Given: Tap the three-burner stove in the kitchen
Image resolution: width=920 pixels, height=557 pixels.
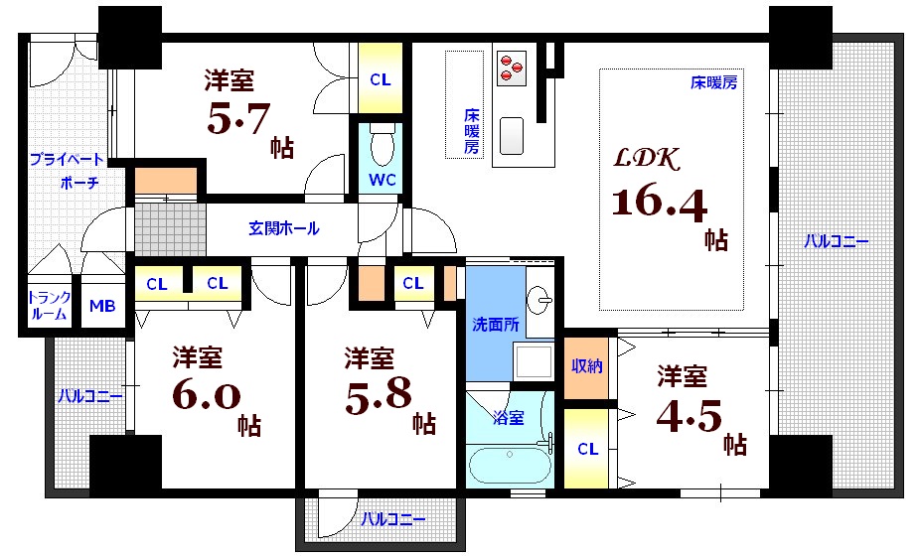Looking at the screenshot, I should click(x=510, y=66).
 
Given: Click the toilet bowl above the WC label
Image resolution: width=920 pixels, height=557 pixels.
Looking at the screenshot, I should click(x=381, y=147).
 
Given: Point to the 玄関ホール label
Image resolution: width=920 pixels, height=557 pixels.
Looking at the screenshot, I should click(x=284, y=228).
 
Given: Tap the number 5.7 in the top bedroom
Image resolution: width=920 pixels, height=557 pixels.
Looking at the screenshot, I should click(x=238, y=120).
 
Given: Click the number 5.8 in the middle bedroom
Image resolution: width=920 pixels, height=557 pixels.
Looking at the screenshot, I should click(x=379, y=395).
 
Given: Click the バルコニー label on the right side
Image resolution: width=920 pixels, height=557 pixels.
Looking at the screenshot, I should click(x=836, y=240).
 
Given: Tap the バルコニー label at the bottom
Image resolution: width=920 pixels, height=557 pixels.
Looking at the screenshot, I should click(x=392, y=518).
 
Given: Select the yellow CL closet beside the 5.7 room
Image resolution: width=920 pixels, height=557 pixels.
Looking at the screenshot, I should click(x=381, y=79).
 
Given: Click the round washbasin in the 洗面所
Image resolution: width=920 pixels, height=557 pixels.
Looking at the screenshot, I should click(x=540, y=297).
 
